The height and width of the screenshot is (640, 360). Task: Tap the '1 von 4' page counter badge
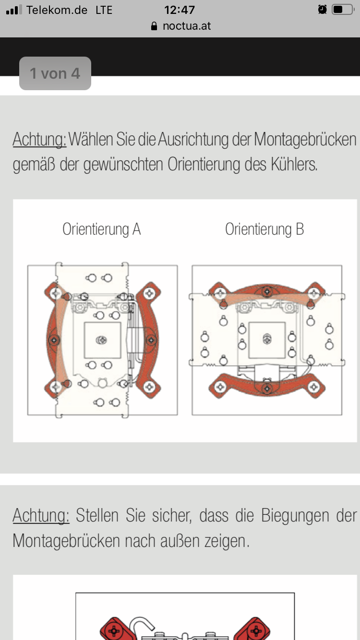pyautogui.click(x=55, y=73)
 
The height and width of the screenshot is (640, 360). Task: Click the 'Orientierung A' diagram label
pyautogui.click(x=101, y=229)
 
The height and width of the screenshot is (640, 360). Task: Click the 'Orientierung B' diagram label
pyautogui.click(x=264, y=229)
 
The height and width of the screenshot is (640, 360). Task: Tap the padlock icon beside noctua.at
pyautogui.click(x=154, y=26)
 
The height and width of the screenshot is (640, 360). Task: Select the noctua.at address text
pyautogui.click(x=187, y=26)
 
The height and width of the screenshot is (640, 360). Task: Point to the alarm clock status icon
pyautogui.click(x=322, y=10)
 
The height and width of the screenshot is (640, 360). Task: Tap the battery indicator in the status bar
pyautogui.click(x=343, y=10)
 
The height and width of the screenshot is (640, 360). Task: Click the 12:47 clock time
pyautogui.click(x=180, y=10)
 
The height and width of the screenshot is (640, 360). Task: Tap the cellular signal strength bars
pyautogui.click(x=14, y=10)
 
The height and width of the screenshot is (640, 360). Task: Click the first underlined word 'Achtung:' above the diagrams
pyautogui.click(x=39, y=140)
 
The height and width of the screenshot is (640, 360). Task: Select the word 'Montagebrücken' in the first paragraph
pyautogui.click(x=305, y=140)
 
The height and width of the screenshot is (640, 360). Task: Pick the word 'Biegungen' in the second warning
pyautogui.click(x=295, y=516)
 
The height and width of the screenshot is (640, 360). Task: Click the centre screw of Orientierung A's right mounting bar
pyautogui.click(x=151, y=340)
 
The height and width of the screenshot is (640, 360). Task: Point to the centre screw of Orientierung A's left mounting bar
pyautogui.click(x=54, y=340)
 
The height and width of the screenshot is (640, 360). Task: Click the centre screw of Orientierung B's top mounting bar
pyautogui.click(x=267, y=292)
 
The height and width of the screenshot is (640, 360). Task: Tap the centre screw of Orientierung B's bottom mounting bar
pyautogui.click(x=267, y=389)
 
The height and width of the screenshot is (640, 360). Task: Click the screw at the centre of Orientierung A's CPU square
pyautogui.click(x=101, y=340)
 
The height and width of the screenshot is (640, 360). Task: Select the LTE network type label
pyautogui.click(x=104, y=10)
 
